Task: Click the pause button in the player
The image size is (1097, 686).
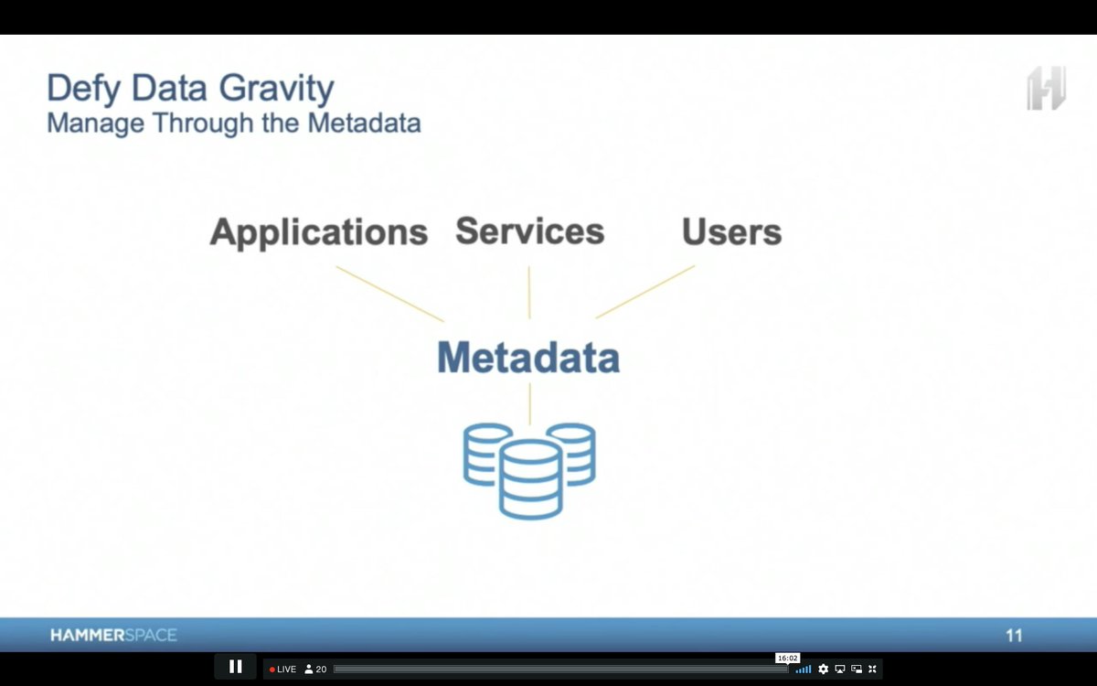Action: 235,667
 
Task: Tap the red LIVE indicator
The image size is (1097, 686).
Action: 283,670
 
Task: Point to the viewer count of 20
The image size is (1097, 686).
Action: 315,670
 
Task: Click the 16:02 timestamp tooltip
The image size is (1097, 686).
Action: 787,658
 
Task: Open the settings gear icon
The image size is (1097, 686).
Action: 823,670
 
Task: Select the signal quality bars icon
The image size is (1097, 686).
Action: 804,670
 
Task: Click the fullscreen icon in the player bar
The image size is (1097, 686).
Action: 872,670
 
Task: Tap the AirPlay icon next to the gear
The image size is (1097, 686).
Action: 840,670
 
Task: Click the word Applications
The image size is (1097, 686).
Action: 318,232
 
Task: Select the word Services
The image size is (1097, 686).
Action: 529,230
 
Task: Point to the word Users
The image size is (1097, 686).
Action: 731,232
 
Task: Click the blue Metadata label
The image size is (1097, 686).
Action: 528,358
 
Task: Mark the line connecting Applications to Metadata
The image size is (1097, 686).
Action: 389,294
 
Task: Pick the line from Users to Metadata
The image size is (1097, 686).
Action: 645,292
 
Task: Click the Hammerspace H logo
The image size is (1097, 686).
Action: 1046,89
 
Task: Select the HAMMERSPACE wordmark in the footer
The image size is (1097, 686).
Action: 113,635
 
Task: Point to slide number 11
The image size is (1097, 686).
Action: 1014,635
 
